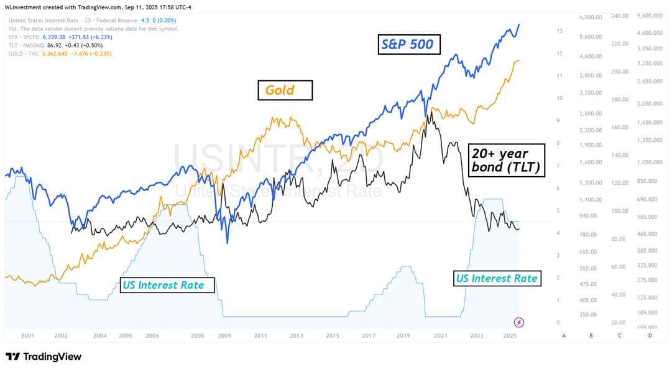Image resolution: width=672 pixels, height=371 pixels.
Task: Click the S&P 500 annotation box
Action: click(410, 45)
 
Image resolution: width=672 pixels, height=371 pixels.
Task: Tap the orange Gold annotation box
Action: click(285, 90)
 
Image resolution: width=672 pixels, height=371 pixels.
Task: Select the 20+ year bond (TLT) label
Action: click(506, 160)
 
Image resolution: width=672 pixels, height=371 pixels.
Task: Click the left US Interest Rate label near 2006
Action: click(167, 285)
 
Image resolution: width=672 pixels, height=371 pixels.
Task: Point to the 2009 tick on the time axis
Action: click(224, 336)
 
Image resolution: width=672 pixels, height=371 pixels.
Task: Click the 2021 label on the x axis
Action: click(440, 336)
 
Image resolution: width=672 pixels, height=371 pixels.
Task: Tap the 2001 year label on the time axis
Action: click(27, 336)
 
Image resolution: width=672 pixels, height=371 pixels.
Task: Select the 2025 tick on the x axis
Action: click(510, 336)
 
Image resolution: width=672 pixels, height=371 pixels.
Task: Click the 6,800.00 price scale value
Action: click(590, 17)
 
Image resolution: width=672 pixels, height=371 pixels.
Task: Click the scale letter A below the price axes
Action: click(563, 336)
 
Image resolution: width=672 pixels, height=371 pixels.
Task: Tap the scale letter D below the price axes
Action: click(650, 336)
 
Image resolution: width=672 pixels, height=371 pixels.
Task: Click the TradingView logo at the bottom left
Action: click(44, 357)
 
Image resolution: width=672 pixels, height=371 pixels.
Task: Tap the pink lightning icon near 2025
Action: click(519, 322)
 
